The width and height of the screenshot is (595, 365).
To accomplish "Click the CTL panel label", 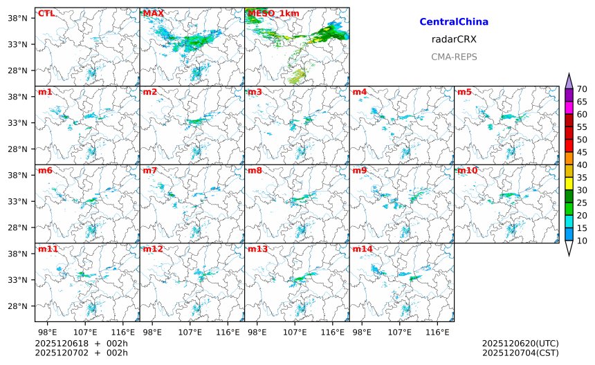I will tap(46, 13).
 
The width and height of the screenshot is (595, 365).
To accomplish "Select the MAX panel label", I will tap(154, 13).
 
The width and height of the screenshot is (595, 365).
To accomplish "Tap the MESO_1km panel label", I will tap(266, 13).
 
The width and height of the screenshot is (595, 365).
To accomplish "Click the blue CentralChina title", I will tap(454, 22).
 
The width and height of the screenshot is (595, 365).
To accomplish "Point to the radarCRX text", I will tap(454, 39).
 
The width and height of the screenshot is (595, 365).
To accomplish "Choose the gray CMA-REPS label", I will tap(454, 57).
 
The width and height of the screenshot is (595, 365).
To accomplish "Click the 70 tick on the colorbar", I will tap(582, 88).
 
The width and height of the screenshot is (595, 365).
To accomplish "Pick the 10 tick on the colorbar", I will tap(582, 241).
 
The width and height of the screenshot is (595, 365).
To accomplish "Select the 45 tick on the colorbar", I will tap(582, 152).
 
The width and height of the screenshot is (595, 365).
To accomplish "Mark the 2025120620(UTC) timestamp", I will tap(520, 344).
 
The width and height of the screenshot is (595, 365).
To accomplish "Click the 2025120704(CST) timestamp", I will tap(520, 353).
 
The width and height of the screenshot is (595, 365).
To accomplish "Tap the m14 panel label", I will tap(362, 249).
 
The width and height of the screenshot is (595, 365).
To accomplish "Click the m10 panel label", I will tap(466, 170).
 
